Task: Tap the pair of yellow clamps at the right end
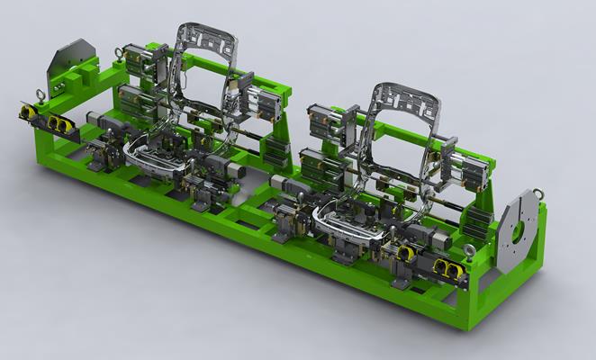click(x=446, y=267)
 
